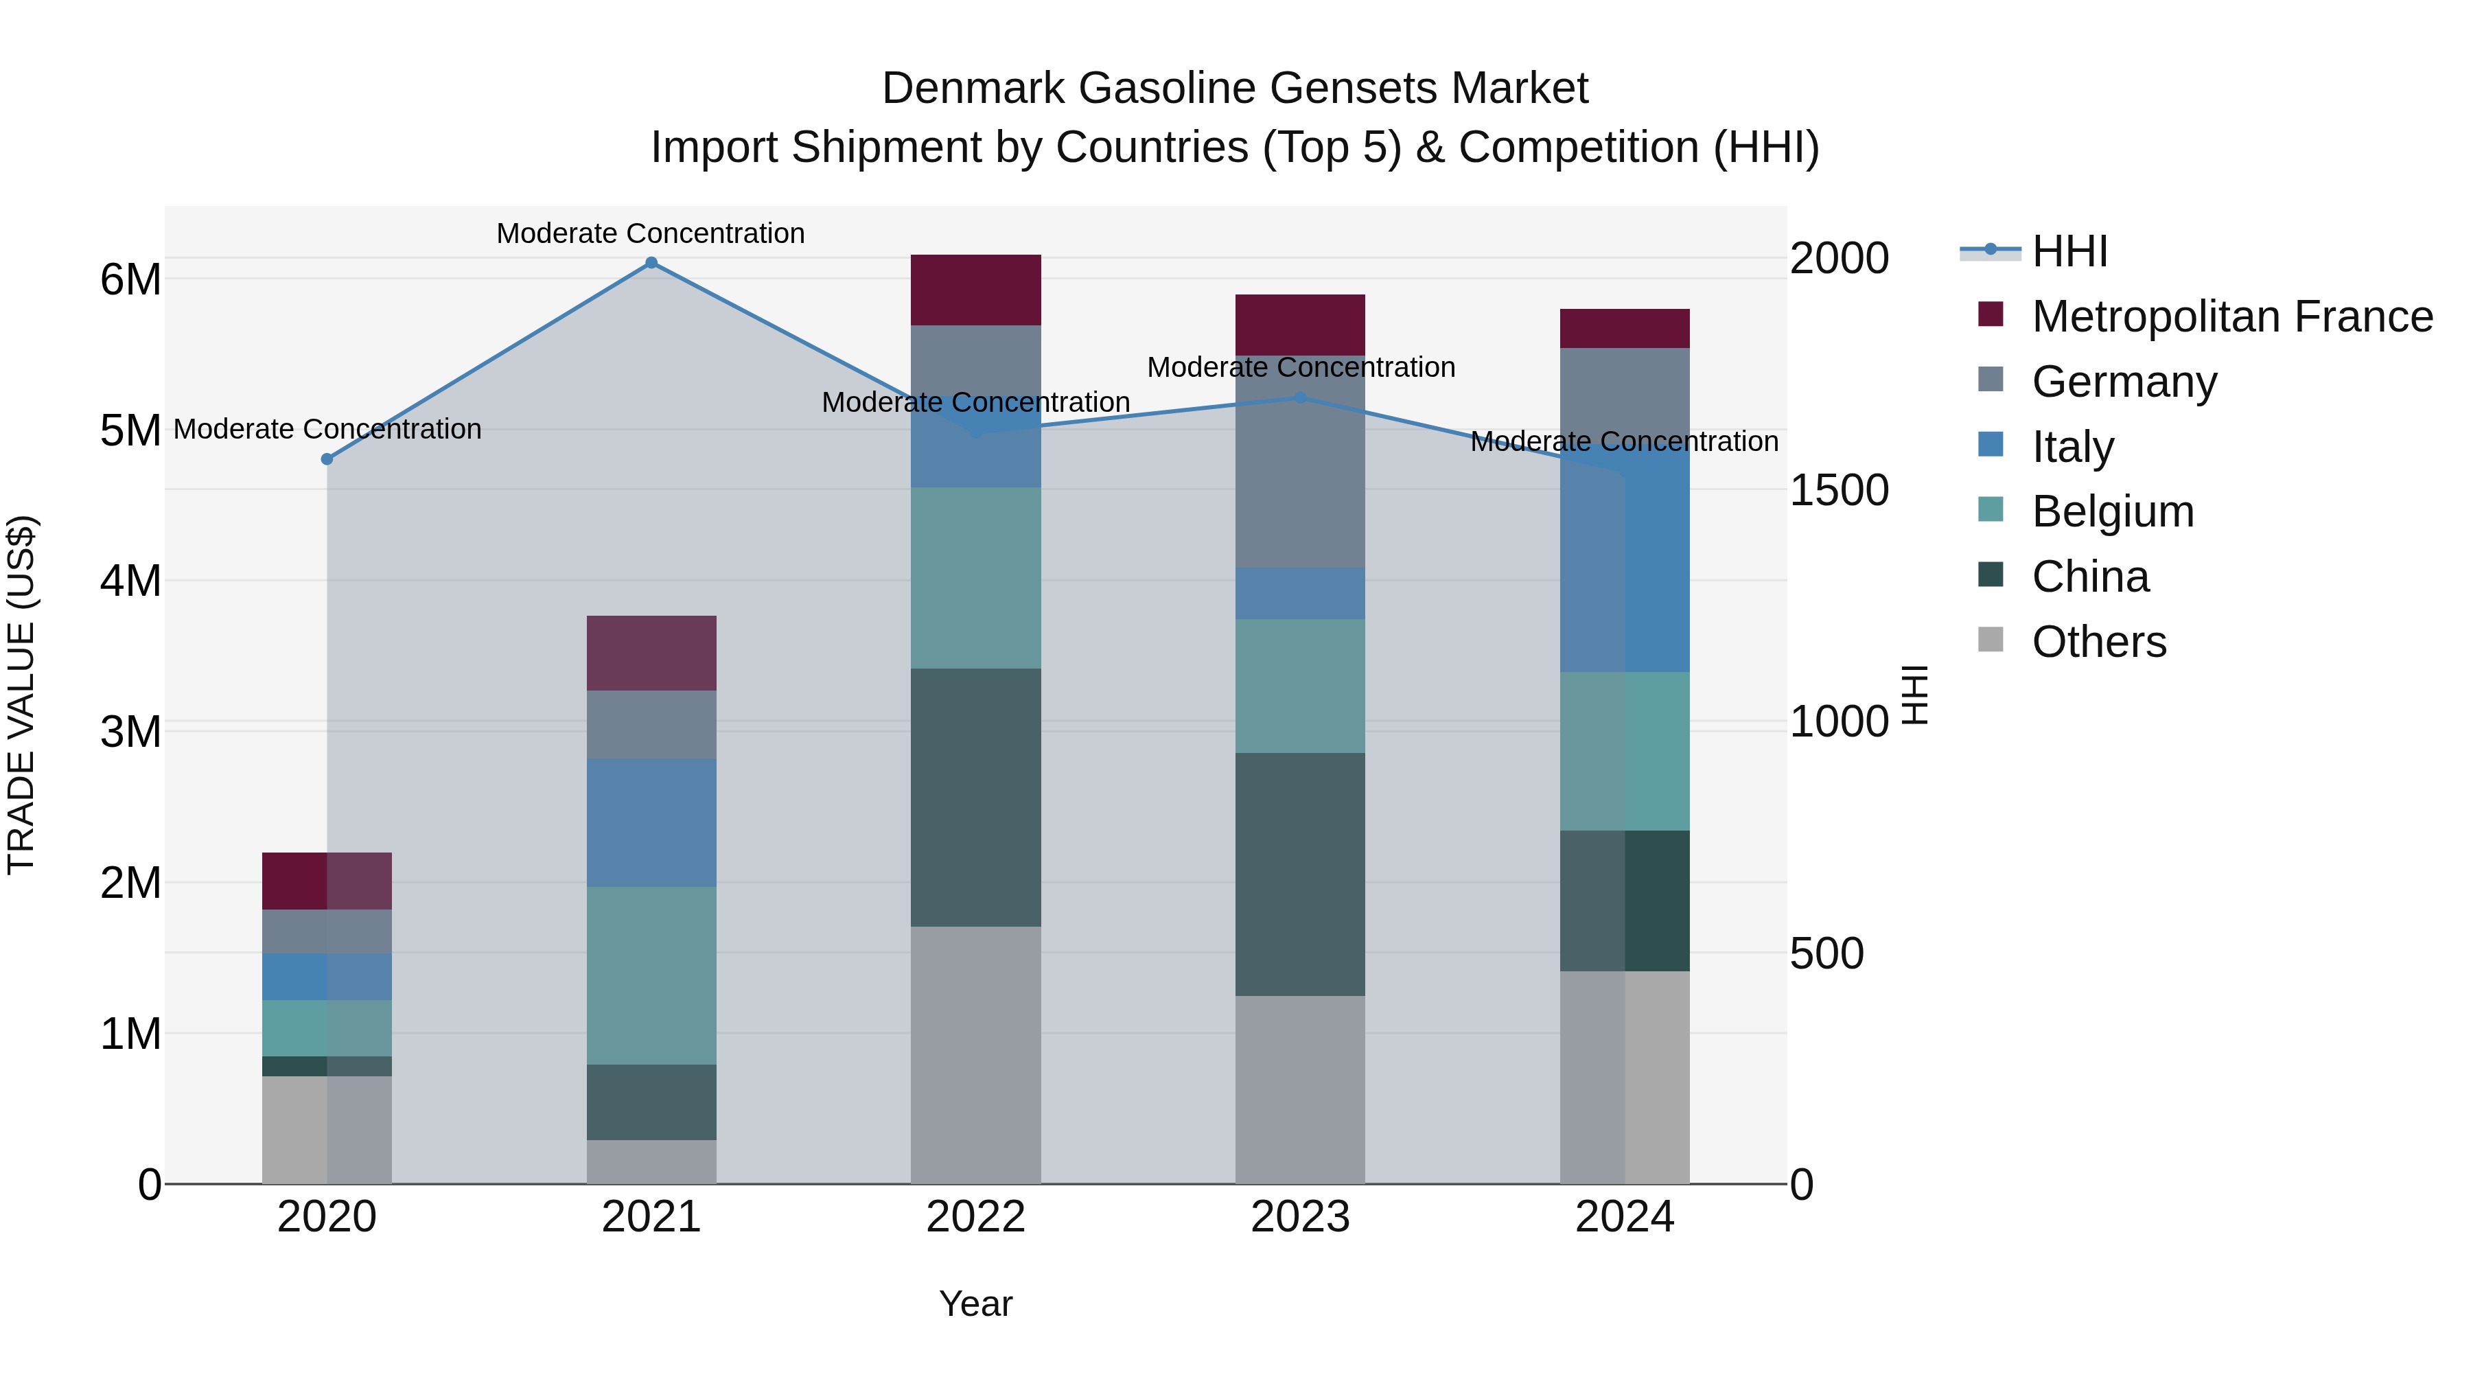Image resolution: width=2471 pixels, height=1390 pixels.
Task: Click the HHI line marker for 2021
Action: tap(651, 263)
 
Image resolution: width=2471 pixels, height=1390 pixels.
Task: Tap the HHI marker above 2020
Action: tap(327, 459)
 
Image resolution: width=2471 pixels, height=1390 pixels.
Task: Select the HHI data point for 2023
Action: tap(1300, 397)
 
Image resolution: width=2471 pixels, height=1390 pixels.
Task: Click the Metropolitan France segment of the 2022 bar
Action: tap(975, 290)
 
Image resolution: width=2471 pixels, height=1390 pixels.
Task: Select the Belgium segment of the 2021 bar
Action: tap(651, 975)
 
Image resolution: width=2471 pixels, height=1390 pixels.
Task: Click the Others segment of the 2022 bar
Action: tap(975, 1054)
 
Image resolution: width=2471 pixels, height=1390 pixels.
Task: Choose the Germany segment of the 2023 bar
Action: tap(1300, 461)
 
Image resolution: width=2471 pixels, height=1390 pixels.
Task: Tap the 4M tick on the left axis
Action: tap(130, 580)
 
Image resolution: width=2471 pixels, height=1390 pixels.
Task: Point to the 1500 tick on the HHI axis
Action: tap(1839, 489)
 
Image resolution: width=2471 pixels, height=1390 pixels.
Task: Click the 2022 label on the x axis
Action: tap(975, 1217)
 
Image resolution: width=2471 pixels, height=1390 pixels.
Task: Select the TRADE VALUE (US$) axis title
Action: tap(21, 695)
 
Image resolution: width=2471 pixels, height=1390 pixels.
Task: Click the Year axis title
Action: tap(975, 1304)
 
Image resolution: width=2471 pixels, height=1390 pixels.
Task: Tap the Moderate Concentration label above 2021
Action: tap(651, 233)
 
